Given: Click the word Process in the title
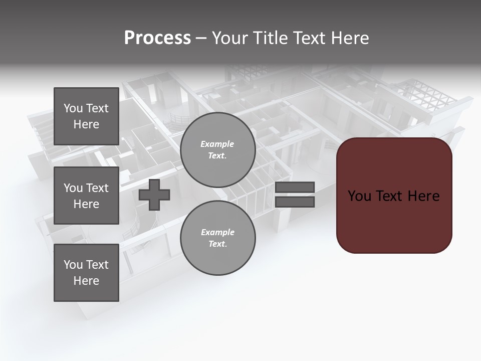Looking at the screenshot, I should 157,38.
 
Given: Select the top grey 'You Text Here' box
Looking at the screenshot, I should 86,116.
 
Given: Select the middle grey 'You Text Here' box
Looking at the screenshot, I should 86,196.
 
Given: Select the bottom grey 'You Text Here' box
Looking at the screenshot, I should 86,273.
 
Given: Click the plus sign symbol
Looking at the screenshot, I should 154,194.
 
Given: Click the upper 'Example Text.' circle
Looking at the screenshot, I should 218,150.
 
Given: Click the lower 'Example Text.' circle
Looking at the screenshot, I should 218,238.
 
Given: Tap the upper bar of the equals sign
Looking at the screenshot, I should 295,187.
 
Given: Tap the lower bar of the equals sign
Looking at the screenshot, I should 295,202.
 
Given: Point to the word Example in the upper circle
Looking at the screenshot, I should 217,144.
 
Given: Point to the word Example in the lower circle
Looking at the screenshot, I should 217,232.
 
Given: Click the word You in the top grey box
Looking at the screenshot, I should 73,108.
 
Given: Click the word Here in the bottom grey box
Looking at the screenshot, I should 86,281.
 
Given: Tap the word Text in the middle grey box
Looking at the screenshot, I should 97,188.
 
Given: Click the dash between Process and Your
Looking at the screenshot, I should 201,38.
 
